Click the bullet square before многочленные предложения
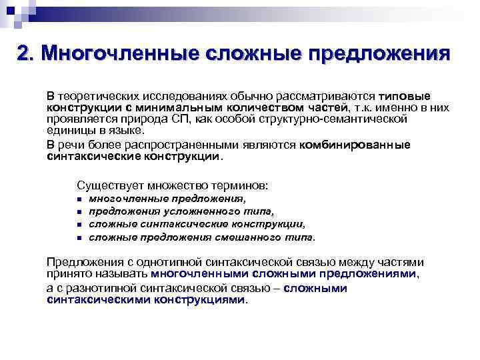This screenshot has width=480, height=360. point(79,199)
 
